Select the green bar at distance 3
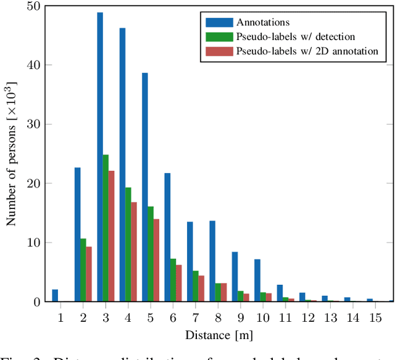[x=106, y=228]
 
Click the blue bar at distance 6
[x=167, y=237]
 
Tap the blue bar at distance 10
[x=257, y=280]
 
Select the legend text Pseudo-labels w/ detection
[x=295, y=37]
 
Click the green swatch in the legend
[x=217, y=37]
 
